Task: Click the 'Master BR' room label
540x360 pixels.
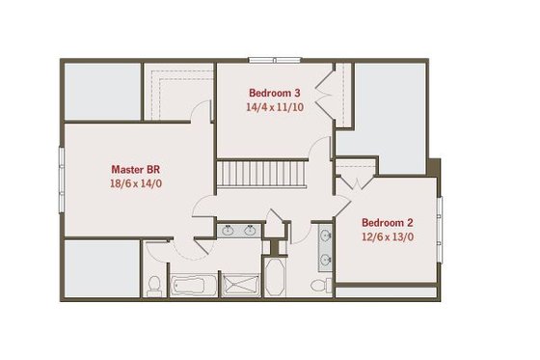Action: click(134, 167)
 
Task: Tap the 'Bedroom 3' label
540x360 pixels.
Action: click(274, 93)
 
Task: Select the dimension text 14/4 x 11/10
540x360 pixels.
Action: click(274, 108)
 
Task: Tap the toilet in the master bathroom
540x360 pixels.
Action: click(154, 285)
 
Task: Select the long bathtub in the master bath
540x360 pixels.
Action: click(194, 286)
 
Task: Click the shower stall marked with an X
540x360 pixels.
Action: click(239, 286)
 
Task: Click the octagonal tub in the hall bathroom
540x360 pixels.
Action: click(274, 278)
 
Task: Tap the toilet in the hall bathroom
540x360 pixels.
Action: click(327, 285)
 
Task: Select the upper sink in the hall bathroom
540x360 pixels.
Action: click(323, 236)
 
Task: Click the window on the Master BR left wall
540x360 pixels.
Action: click(63, 168)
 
